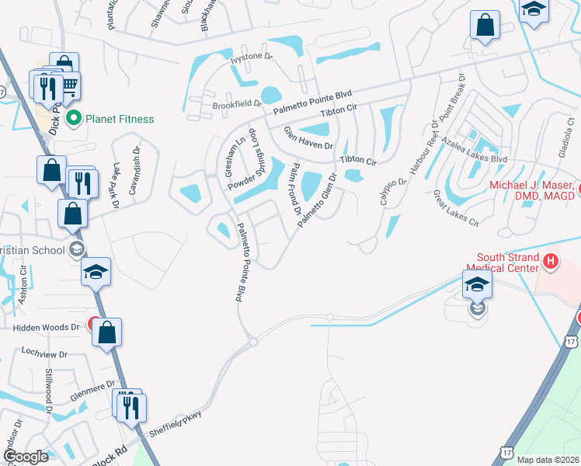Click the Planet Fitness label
coord(120,119)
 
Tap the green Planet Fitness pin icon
coord(75,119)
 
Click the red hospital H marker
coord(551,263)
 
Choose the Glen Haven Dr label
coord(308,138)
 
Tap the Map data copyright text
coord(548,460)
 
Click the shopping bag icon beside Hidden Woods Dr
coord(107,332)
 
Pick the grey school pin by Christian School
coord(76,249)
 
